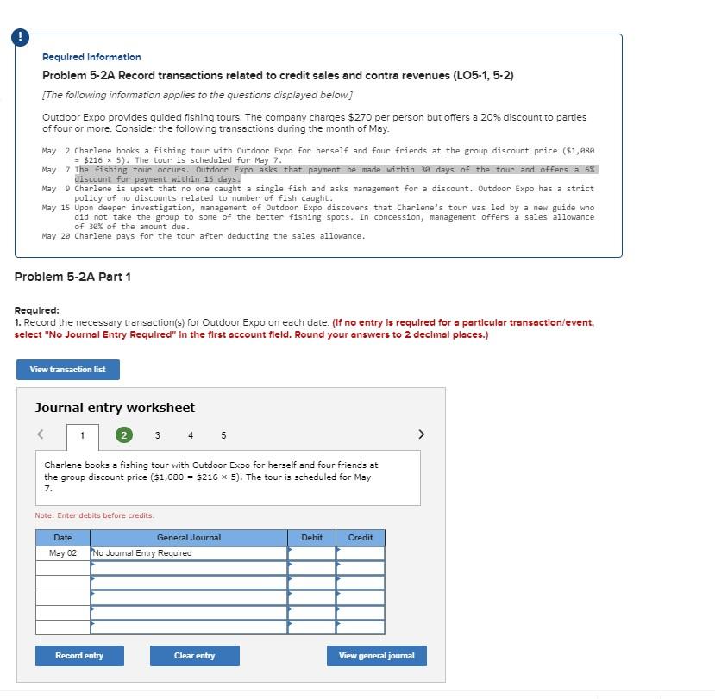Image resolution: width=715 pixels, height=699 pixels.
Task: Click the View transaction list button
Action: pyautogui.click(x=67, y=370)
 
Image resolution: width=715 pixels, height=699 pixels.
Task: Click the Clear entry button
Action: pyautogui.click(x=194, y=656)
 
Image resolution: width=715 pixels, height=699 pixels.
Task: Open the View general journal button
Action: pyautogui.click(x=376, y=656)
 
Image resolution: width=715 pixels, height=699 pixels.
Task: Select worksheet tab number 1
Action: pyautogui.click(x=83, y=436)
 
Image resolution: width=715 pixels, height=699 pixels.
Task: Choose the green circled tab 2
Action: pyautogui.click(x=124, y=435)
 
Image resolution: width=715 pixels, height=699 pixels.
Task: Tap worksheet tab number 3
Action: pyautogui.click(x=157, y=435)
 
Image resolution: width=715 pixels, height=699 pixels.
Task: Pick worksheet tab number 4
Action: pyautogui.click(x=191, y=435)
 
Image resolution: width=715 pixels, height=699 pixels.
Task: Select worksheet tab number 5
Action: pyautogui.click(x=223, y=435)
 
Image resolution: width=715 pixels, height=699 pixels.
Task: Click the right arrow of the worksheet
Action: pyautogui.click(x=421, y=434)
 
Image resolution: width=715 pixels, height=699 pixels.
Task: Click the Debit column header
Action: pyautogui.click(x=311, y=538)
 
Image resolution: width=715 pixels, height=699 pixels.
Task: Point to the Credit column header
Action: pyautogui.click(x=361, y=538)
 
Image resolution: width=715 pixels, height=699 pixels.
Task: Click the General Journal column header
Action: pyautogui.click(x=189, y=538)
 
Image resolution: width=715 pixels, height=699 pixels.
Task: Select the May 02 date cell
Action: pyautogui.click(x=63, y=553)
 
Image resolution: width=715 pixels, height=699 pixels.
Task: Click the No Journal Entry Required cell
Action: pyautogui.click(x=189, y=553)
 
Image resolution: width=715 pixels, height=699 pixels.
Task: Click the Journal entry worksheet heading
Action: pyautogui.click(x=115, y=408)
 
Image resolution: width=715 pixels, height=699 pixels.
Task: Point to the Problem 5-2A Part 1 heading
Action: pyautogui.click(x=72, y=277)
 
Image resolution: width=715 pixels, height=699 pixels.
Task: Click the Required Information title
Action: pyautogui.click(x=91, y=57)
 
